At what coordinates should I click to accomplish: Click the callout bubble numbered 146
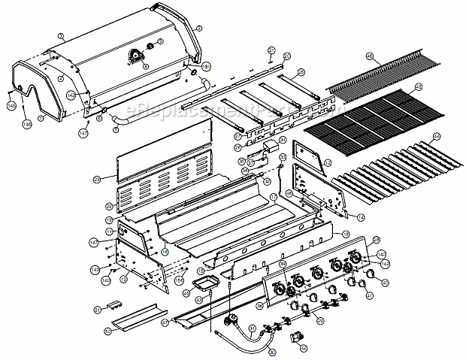26,123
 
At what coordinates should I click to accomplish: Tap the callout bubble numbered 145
11,107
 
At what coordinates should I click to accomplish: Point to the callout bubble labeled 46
370,56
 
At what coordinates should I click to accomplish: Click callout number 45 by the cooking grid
419,87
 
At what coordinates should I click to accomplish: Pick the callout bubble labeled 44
437,137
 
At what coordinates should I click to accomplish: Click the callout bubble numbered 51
97,309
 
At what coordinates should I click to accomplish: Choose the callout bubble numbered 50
107,331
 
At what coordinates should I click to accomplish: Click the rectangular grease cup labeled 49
204,284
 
